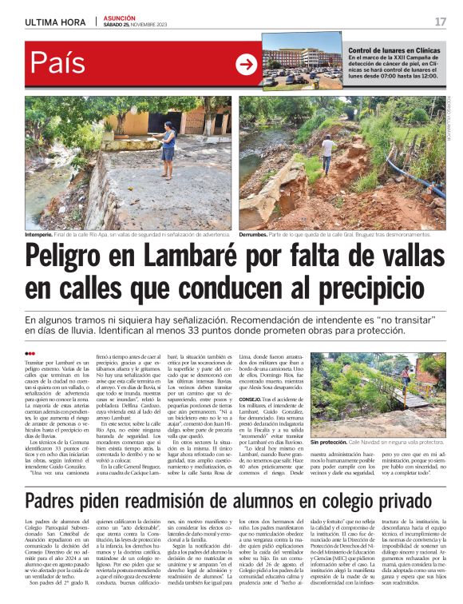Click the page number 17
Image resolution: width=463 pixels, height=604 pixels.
coord(441,22)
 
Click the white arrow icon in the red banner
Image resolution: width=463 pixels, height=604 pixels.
coord(246,65)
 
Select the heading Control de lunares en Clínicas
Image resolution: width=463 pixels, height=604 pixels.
coord(394,50)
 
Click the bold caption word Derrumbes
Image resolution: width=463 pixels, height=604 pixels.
coord(256,235)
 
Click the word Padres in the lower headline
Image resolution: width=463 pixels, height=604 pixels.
coord(57,479)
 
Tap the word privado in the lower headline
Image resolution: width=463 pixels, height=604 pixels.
coord(399,479)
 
